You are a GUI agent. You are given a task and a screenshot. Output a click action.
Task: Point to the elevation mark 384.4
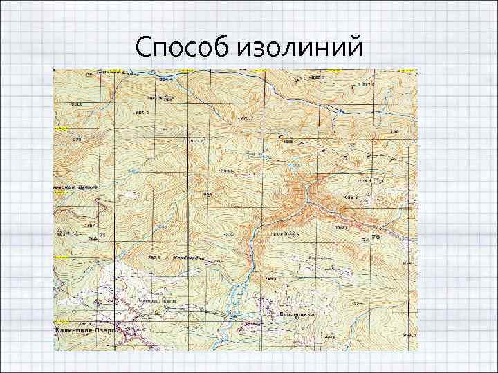click(x=165, y=80)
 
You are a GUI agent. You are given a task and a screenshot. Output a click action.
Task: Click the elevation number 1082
click(x=340, y=227)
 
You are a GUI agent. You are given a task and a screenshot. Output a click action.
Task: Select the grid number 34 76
click(x=371, y=239)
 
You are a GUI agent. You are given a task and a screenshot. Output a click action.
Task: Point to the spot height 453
click(x=272, y=278)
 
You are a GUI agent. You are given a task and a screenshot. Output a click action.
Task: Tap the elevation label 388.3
click(x=66, y=323)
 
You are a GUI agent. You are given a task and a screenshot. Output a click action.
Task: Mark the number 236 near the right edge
click(x=395, y=131)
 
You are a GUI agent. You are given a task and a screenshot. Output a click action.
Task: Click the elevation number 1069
click(x=288, y=142)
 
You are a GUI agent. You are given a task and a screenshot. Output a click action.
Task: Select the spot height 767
click(x=90, y=225)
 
